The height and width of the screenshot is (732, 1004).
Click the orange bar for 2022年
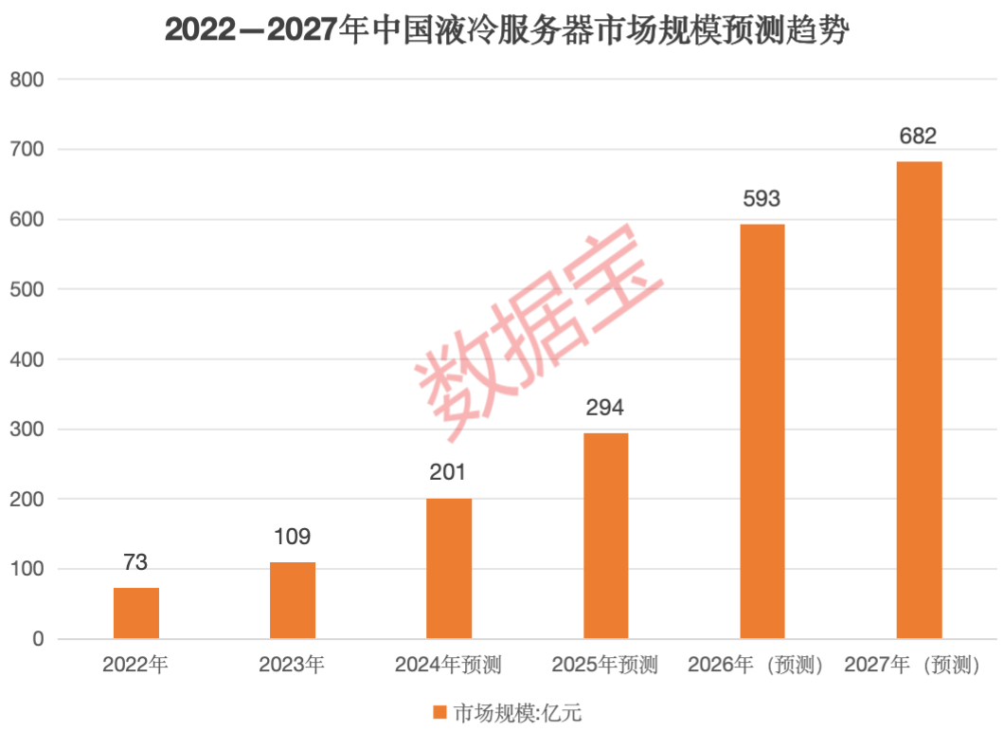click(x=136, y=613)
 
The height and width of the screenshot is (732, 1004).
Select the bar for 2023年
click(x=293, y=600)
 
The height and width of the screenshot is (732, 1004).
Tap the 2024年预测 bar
click(x=449, y=568)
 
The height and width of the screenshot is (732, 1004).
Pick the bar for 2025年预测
click(x=606, y=536)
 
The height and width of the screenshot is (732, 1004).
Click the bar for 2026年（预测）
click(x=762, y=431)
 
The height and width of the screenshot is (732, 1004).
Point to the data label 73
click(x=136, y=563)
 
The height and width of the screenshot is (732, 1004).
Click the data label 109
click(x=292, y=538)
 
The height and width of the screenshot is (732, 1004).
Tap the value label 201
click(x=448, y=473)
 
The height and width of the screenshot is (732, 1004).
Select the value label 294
click(x=605, y=409)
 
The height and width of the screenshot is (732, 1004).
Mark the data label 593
click(x=762, y=199)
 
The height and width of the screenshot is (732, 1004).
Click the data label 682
click(x=919, y=137)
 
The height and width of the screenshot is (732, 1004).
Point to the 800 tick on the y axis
click(x=27, y=80)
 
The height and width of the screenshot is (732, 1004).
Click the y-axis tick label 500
click(x=27, y=289)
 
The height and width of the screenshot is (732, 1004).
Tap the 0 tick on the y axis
click(x=39, y=639)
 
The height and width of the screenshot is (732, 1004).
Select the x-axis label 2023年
click(x=292, y=665)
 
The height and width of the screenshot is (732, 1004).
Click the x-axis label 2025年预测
click(x=606, y=665)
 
